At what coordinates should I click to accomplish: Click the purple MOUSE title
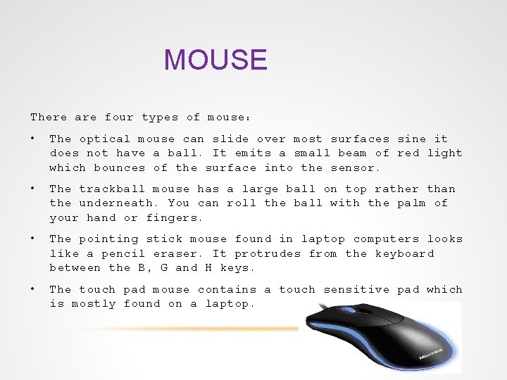pos(215,61)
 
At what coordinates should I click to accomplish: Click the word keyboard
pos(404,253)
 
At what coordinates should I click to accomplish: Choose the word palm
pos(411,203)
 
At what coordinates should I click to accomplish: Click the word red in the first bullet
pos(408,153)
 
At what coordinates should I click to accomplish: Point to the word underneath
pos(120,203)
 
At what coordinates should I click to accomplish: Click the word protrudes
pos(268,253)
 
